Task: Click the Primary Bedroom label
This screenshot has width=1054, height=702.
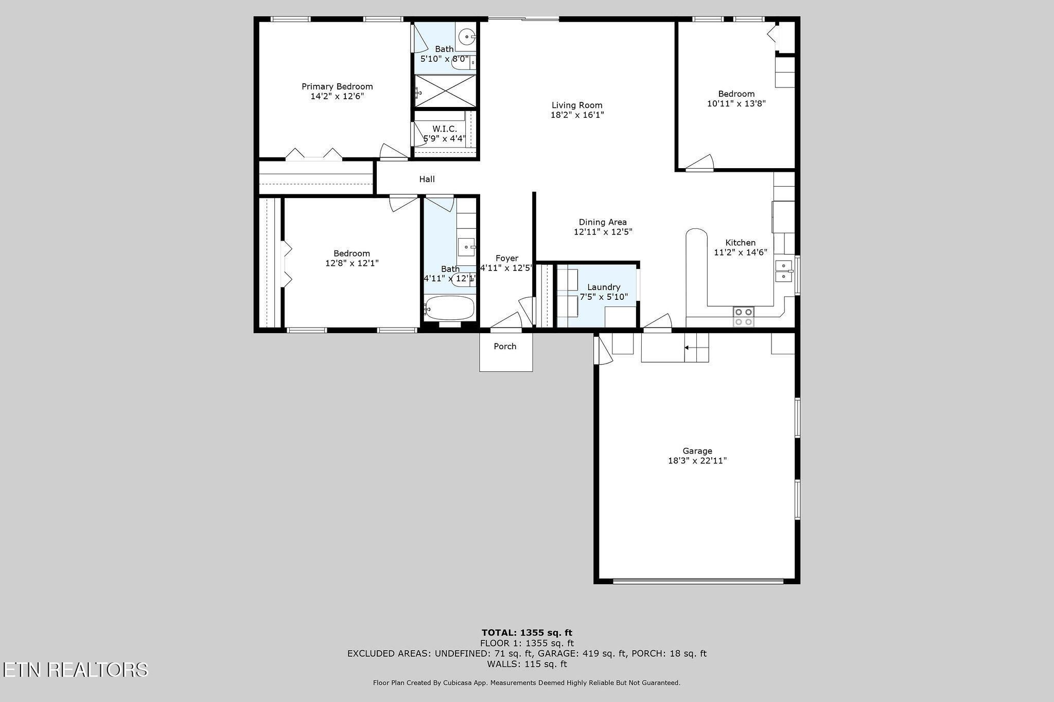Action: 337,86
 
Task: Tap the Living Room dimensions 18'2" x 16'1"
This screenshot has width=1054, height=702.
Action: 577,115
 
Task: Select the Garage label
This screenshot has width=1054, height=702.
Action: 697,451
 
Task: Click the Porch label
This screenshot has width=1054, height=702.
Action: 505,346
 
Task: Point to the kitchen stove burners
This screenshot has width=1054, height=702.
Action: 743,317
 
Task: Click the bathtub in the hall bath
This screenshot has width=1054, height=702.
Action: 449,308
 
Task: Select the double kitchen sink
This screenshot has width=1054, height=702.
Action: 784,271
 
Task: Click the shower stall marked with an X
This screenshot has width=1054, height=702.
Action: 446,91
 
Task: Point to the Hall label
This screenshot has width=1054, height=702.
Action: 427,179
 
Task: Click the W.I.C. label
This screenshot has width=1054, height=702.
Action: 445,129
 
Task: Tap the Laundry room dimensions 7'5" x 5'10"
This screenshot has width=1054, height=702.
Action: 604,297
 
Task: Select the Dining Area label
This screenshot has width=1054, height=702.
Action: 603,222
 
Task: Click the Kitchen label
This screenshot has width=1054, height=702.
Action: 741,243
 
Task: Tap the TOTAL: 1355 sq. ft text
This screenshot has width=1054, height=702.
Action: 527,633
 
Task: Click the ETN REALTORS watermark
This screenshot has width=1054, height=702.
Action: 75,670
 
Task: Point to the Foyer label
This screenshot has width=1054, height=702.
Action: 507,258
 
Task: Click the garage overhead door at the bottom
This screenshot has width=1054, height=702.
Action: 698,582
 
